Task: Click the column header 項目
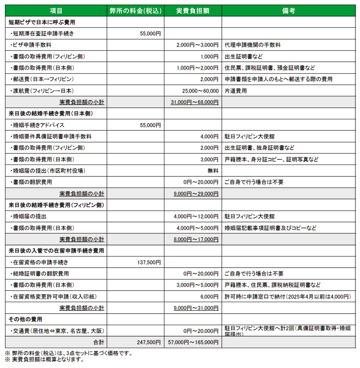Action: pos(56,11)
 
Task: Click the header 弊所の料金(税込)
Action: pos(136,11)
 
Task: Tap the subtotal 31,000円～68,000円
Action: pos(194,102)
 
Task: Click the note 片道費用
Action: pos(236,91)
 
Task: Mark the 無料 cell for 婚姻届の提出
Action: pos(213,171)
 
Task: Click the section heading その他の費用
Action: pos(25,319)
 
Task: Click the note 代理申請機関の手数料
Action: pos(253,45)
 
